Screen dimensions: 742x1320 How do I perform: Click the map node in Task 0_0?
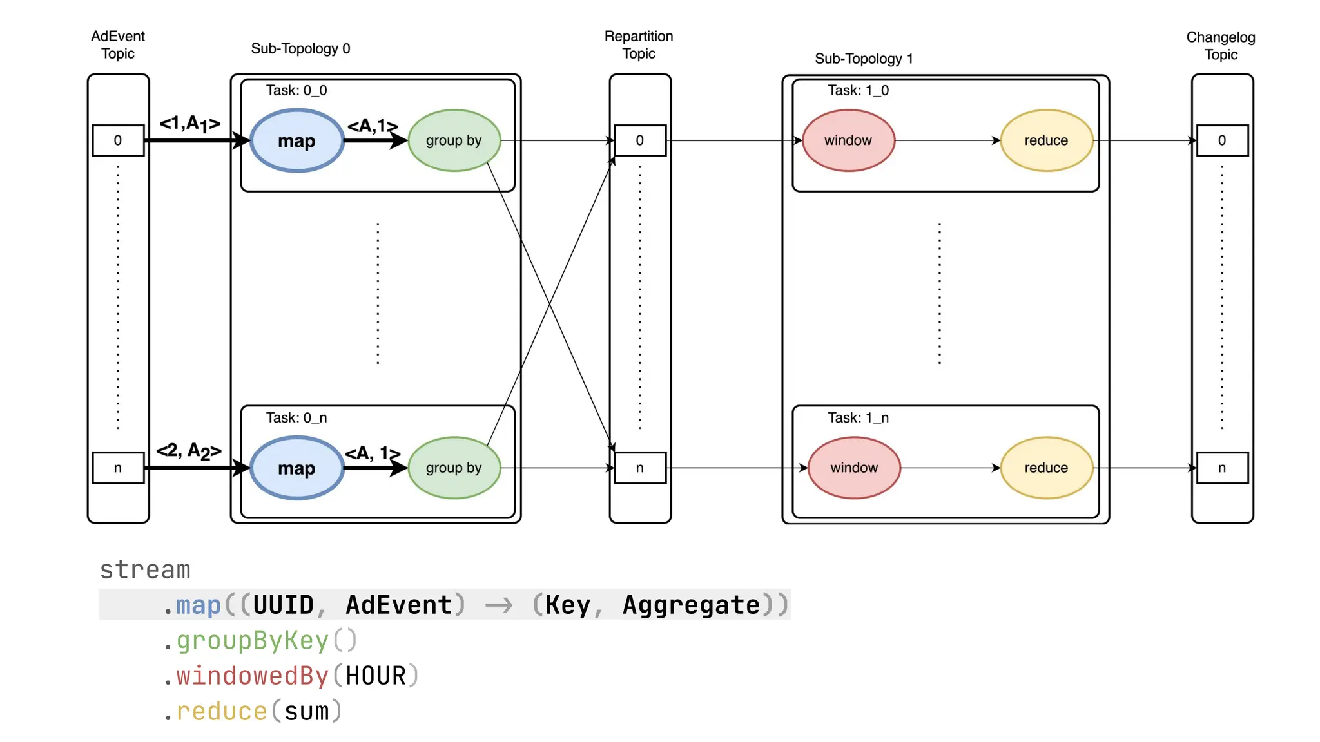point(296,140)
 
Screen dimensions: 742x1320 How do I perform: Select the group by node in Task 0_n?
point(454,468)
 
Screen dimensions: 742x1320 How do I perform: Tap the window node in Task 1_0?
point(848,140)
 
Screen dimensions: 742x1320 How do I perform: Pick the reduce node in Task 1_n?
point(1046,468)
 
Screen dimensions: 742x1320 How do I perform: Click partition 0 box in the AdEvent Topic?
point(118,140)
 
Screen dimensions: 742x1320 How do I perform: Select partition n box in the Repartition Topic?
point(639,468)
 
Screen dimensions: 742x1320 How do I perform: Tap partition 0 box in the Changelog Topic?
point(1222,140)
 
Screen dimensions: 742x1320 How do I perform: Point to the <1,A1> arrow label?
point(190,123)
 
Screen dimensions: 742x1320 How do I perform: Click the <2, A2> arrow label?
point(189,451)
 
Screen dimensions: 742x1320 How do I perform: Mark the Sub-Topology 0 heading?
point(300,48)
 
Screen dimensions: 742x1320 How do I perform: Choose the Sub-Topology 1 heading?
point(864,59)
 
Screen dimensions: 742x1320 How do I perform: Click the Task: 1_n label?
point(858,417)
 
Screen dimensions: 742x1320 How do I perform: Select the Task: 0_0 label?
point(296,90)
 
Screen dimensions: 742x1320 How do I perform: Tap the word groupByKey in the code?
point(253,640)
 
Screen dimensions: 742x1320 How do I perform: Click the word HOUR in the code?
point(376,676)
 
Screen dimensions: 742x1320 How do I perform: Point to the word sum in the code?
point(307,711)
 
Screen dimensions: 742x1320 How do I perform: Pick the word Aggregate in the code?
point(691,605)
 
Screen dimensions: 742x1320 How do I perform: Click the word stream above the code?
point(145,569)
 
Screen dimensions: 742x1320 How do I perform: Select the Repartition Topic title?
point(639,44)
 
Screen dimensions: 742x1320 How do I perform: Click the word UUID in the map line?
point(283,605)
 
